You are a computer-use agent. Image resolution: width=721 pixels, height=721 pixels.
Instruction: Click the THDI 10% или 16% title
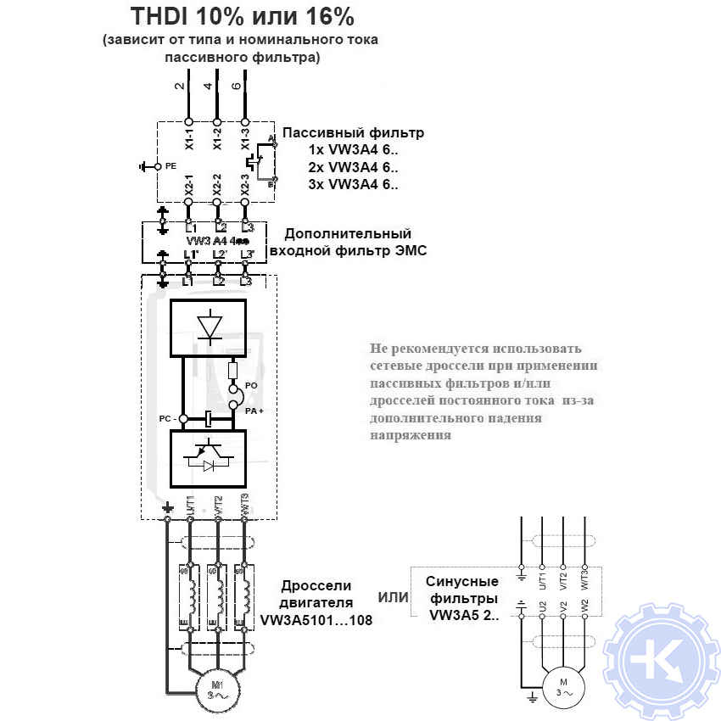[242, 17]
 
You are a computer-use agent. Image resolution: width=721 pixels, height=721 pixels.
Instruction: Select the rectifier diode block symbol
[208, 326]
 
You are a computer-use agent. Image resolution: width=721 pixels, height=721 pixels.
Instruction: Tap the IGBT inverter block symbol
[208, 459]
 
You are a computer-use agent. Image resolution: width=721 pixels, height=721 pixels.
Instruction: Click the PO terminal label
[251, 385]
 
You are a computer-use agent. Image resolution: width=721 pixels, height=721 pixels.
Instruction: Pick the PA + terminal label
[254, 410]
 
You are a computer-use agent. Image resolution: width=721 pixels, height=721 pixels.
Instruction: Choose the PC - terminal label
[165, 419]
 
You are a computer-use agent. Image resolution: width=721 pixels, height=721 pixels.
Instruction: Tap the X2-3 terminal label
[245, 186]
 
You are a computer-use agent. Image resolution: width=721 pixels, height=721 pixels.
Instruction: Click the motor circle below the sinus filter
[562, 685]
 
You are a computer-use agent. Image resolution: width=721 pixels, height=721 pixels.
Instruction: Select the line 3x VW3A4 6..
[353, 184]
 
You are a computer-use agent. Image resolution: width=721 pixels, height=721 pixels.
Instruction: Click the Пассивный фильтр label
[353, 133]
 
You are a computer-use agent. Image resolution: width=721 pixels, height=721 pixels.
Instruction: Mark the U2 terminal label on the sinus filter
[542, 608]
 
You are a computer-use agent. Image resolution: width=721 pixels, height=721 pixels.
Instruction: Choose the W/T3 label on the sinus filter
[584, 579]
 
